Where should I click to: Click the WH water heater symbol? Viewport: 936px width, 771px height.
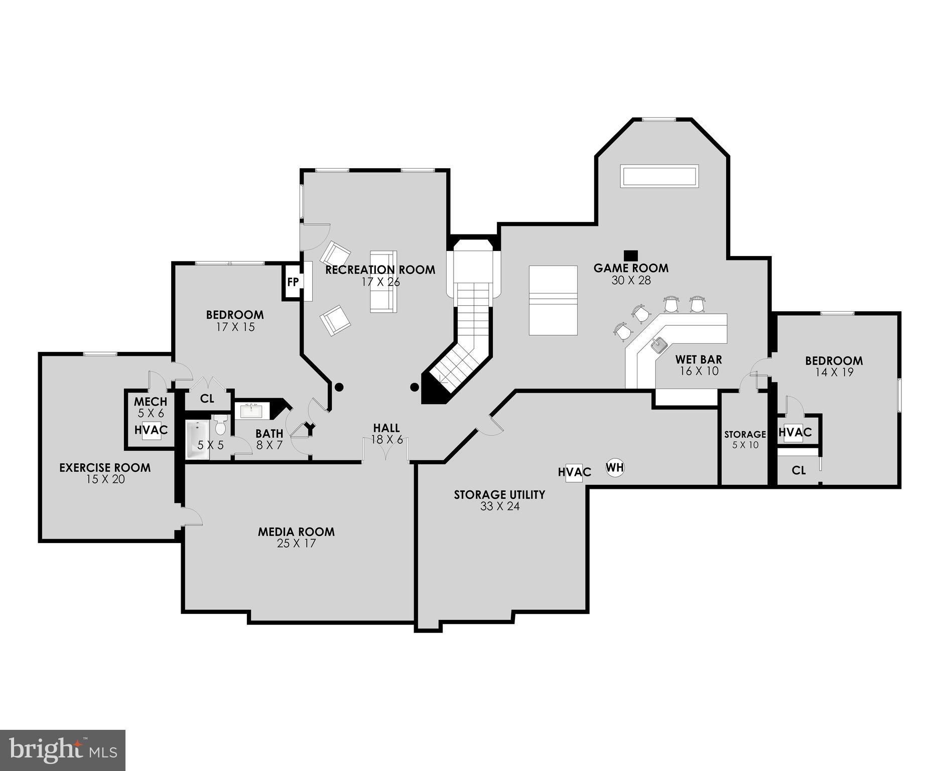(615, 468)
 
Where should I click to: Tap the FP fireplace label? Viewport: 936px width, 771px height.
(293, 282)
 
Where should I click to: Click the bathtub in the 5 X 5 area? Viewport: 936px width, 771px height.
(197, 439)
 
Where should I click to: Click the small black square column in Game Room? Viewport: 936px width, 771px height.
(631, 255)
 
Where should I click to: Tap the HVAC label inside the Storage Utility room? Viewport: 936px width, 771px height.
(574, 472)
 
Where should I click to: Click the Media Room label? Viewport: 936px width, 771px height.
(296, 532)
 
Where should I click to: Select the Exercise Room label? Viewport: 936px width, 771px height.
(105, 468)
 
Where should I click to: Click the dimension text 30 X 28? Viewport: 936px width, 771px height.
(631, 281)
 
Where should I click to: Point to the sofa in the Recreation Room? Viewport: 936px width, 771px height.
(383, 282)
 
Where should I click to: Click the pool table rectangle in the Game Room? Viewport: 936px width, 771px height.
(553, 300)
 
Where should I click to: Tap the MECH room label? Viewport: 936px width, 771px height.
(151, 402)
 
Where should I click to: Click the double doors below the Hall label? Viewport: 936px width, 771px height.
(385, 449)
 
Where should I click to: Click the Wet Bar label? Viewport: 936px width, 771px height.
(698, 359)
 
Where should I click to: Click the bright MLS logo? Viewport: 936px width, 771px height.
(62, 750)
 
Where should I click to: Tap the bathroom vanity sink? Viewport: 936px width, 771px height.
(251, 411)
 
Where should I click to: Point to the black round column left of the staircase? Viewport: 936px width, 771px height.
(339, 387)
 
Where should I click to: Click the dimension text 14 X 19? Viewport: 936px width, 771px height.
(834, 372)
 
